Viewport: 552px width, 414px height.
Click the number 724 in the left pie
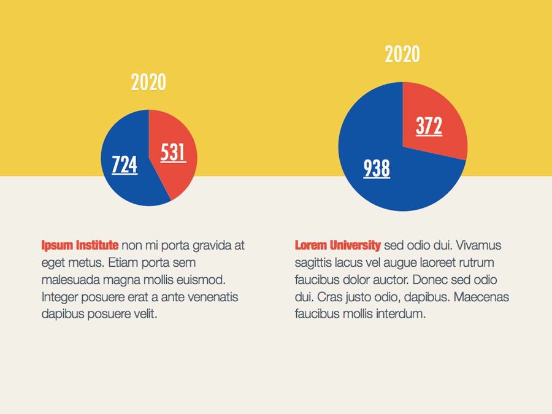[125, 164]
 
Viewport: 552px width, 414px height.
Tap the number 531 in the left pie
[173, 152]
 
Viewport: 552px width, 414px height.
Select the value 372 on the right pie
[429, 126]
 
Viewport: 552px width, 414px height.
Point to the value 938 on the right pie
[377, 168]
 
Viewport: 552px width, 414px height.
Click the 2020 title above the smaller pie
[148, 82]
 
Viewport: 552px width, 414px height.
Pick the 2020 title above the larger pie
[402, 55]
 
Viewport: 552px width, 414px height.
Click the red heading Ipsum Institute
[80, 246]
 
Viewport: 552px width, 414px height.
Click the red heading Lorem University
[337, 246]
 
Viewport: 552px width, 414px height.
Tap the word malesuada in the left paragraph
[68, 280]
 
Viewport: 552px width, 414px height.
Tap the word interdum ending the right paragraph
[401, 315]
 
